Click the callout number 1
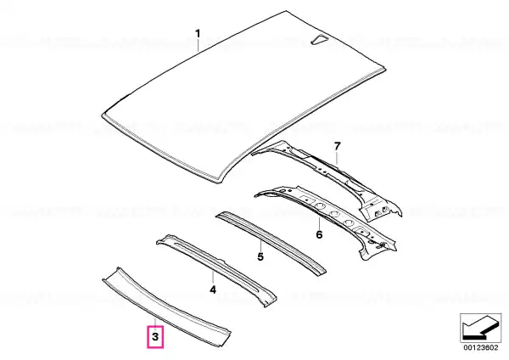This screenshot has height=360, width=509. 198,33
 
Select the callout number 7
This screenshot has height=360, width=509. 338,146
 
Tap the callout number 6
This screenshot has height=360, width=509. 319,234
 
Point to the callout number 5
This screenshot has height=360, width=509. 260,256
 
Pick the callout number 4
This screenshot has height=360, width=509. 213,290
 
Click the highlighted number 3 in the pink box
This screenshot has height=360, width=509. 155,336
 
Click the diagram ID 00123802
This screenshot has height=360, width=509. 480,347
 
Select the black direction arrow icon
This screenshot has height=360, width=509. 478,328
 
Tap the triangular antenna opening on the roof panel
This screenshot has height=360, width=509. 320,39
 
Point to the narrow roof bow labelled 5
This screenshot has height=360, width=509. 272,243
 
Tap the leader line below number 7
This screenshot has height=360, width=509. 338,160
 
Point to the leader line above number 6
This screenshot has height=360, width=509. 319,222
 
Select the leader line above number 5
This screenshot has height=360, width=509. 260,245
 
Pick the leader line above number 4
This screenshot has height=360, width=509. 213,277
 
